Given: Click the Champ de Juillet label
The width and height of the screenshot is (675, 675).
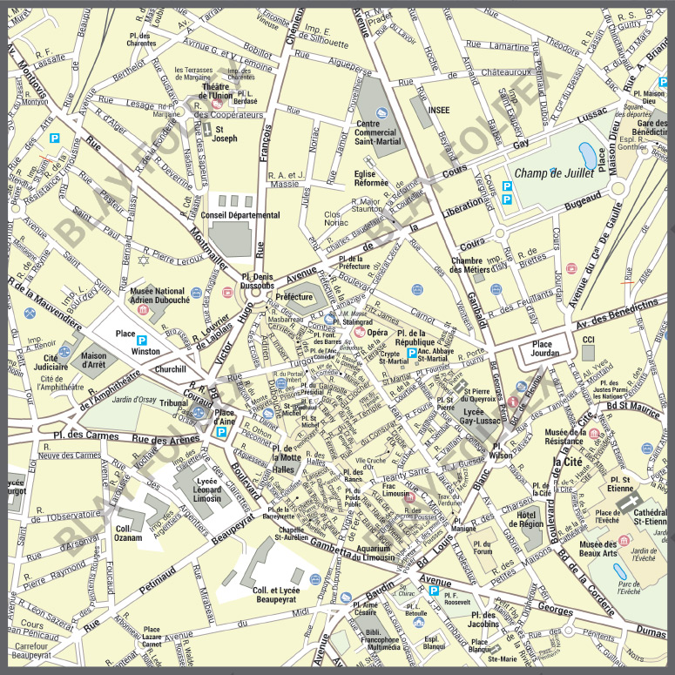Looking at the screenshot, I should pos(553,173).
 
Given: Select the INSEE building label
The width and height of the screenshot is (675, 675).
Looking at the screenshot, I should pos(438,111).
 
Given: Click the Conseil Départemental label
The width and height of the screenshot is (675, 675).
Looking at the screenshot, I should pos(240,215).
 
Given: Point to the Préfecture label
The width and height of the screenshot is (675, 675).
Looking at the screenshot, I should pos(294,297).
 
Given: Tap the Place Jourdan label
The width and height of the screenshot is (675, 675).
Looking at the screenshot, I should pos(543,348).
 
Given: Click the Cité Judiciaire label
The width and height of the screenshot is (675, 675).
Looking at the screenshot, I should pos(57,363).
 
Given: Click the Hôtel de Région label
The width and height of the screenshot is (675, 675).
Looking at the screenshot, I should pos(530,520).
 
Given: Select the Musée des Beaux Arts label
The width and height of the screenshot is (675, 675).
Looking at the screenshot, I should pos(617,550).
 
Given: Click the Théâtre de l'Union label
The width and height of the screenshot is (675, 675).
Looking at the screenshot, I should pos(221,91).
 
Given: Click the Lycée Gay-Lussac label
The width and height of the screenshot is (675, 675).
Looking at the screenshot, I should pos(482,414).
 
